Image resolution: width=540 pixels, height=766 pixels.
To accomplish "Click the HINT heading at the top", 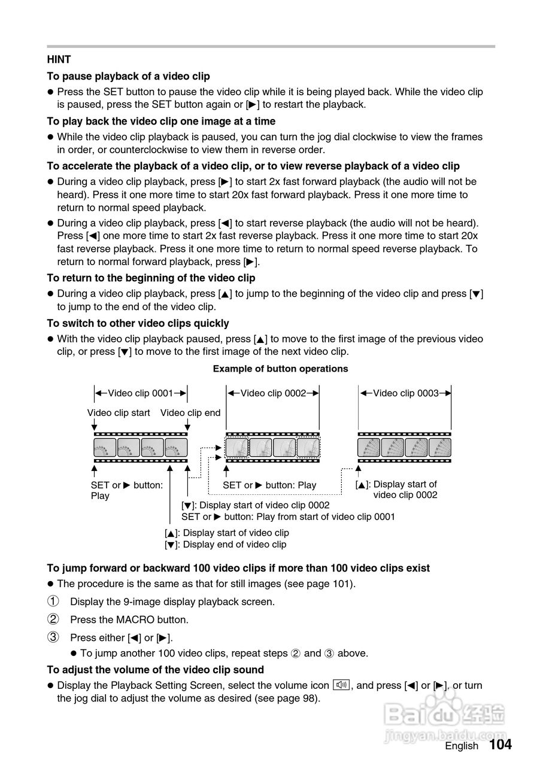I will (x=59, y=60).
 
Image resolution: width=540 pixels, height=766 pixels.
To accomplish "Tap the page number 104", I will (x=500, y=744).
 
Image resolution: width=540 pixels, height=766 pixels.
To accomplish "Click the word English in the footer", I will (x=462, y=746).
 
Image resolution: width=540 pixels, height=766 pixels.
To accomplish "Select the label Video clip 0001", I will (x=140, y=393).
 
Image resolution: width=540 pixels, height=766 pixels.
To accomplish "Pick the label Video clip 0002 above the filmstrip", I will (x=273, y=393).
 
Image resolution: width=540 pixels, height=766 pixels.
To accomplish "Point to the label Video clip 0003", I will (x=405, y=393).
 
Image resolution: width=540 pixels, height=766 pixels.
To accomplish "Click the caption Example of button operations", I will (x=280, y=369).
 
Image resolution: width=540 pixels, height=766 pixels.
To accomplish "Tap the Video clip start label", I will (x=119, y=413).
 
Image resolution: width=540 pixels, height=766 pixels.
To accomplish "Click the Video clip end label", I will (x=190, y=413).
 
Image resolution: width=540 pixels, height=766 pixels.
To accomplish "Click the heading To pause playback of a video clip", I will (x=128, y=76).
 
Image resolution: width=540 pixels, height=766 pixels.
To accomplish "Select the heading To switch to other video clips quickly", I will (x=138, y=323).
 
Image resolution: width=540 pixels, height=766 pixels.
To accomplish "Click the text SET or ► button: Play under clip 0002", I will (x=269, y=485).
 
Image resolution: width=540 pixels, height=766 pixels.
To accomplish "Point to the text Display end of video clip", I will (x=234, y=545).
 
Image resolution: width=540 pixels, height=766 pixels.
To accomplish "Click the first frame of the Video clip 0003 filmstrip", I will (x=369, y=447).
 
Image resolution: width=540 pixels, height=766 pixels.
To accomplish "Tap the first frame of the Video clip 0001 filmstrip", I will (x=105, y=447).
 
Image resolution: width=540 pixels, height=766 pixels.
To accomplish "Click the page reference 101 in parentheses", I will (x=343, y=583).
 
